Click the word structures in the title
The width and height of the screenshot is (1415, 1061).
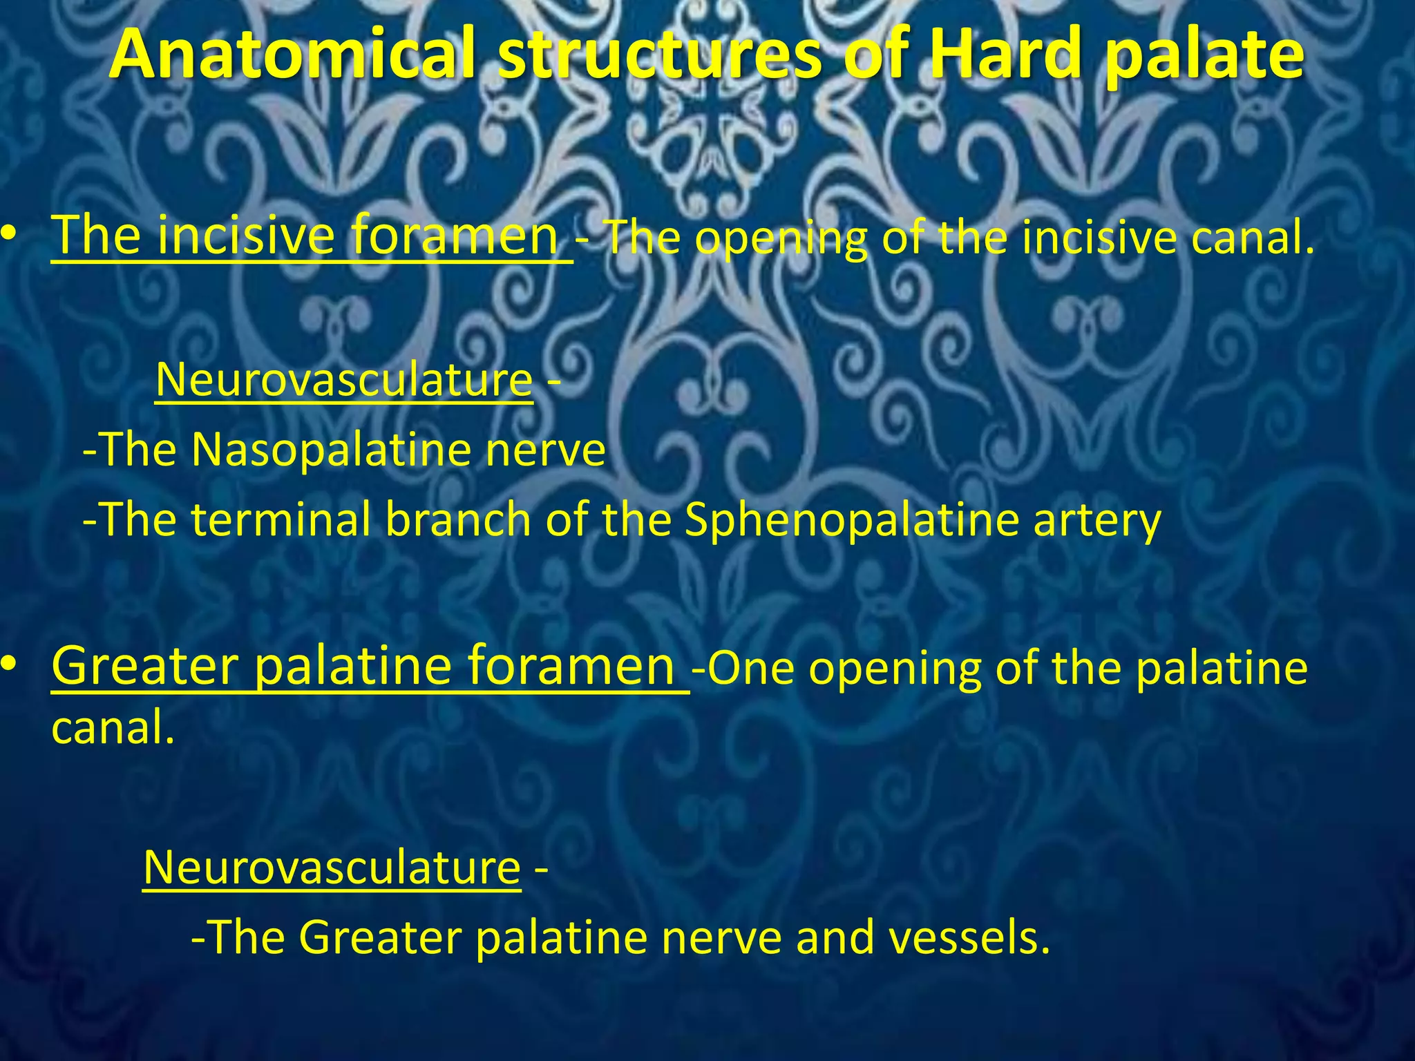pos(659,55)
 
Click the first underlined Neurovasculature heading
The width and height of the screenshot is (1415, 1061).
pos(344,380)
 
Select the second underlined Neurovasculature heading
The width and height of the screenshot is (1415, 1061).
pos(332,868)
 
